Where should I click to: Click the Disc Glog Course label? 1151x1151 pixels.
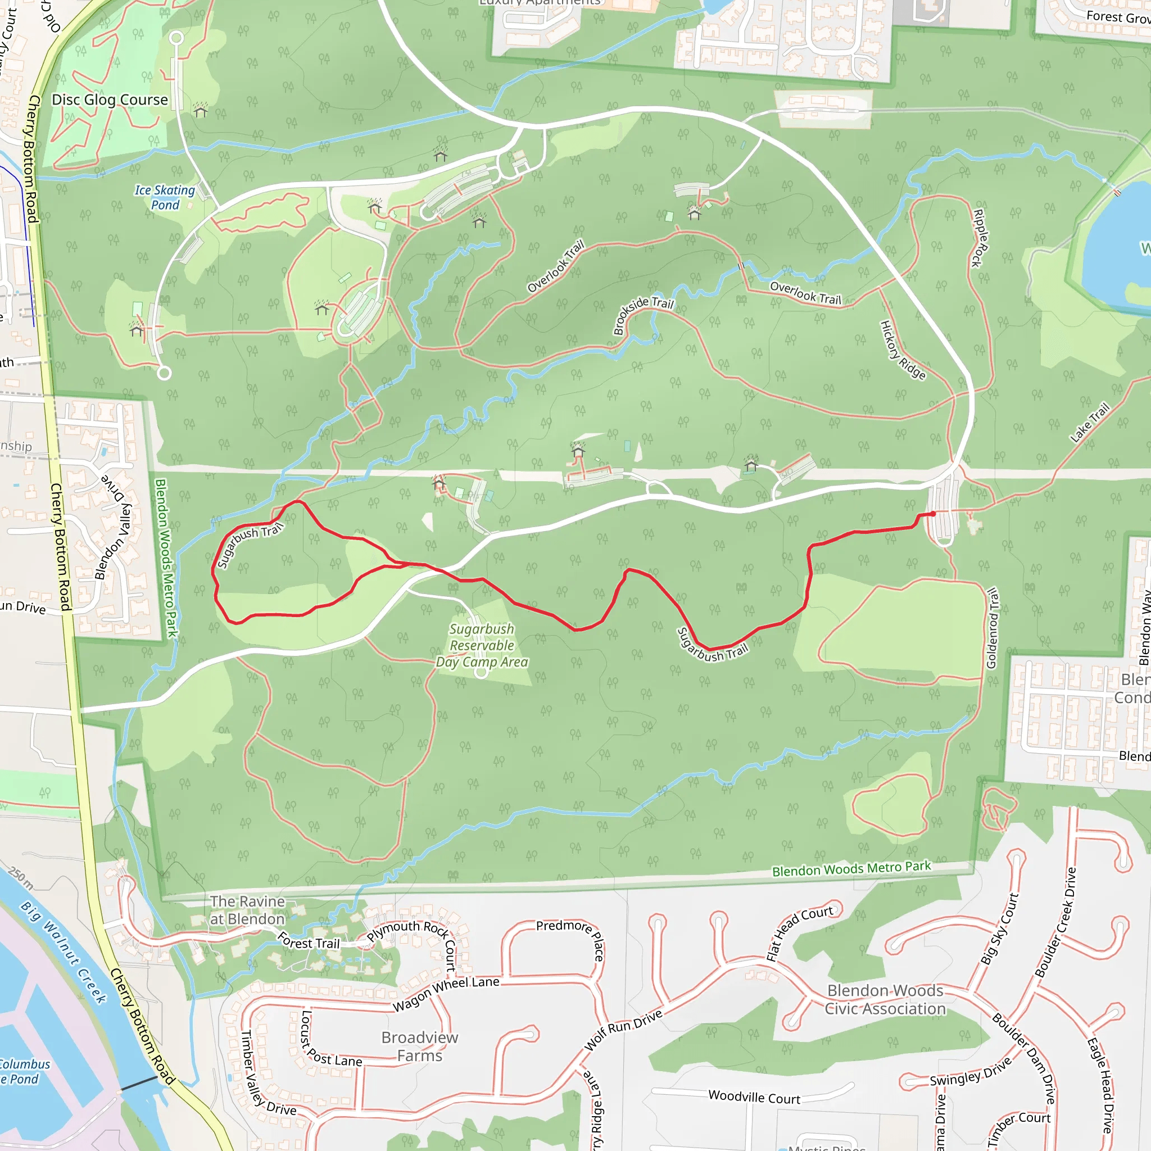tap(110, 99)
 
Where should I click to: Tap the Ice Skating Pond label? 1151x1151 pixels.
tap(165, 197)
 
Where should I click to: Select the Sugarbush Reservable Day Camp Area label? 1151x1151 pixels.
tap(482, 645)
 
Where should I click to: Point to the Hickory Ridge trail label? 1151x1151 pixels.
tap(903, 350)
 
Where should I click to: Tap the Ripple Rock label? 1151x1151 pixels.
tap(980, 238)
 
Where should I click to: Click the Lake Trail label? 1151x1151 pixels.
tap(1090, 423)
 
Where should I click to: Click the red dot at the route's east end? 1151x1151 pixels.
tap(933, 514)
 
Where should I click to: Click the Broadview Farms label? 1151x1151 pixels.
tap(419, 1046)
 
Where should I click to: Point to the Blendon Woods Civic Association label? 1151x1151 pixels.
tap(885, 999)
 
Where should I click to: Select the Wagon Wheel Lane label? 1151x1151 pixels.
tap(446, 994)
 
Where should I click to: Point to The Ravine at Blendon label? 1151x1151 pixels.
tap(247, 910)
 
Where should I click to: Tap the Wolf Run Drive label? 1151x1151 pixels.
tap(623, 1030)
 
